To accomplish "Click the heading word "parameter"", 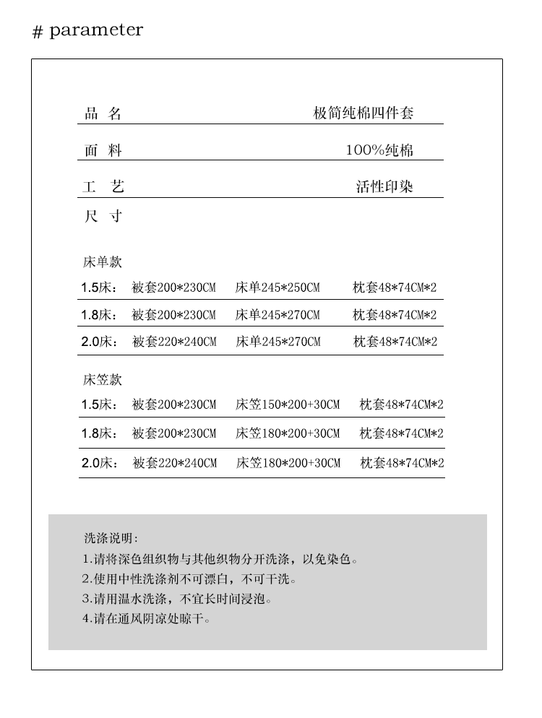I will coord(96,30).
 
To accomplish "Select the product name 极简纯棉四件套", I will coord(363,113).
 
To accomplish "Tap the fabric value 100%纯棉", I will coord(379,150).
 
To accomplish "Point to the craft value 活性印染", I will coord(384,186).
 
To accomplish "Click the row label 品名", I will coord(103,113).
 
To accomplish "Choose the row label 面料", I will coord(103,150).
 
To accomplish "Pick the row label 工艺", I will coord(103,186).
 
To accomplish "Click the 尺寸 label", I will coord(103,216).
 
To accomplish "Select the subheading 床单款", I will coord(102,262).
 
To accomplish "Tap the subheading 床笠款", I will coord(102,380).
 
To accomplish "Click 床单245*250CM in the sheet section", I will coord(278,287).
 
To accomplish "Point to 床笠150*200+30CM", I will coord(287,405).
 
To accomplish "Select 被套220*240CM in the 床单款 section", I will coord(174,342).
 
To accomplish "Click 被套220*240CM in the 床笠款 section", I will coord(174,462).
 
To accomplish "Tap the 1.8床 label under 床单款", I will coord(99,315).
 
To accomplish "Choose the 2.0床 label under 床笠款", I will coord(99,462).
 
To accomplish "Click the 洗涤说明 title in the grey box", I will coord(111,538).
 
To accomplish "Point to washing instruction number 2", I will coord(190,579).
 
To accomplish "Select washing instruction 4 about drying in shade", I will coord(147,618).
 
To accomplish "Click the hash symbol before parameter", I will coord(38,33).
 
